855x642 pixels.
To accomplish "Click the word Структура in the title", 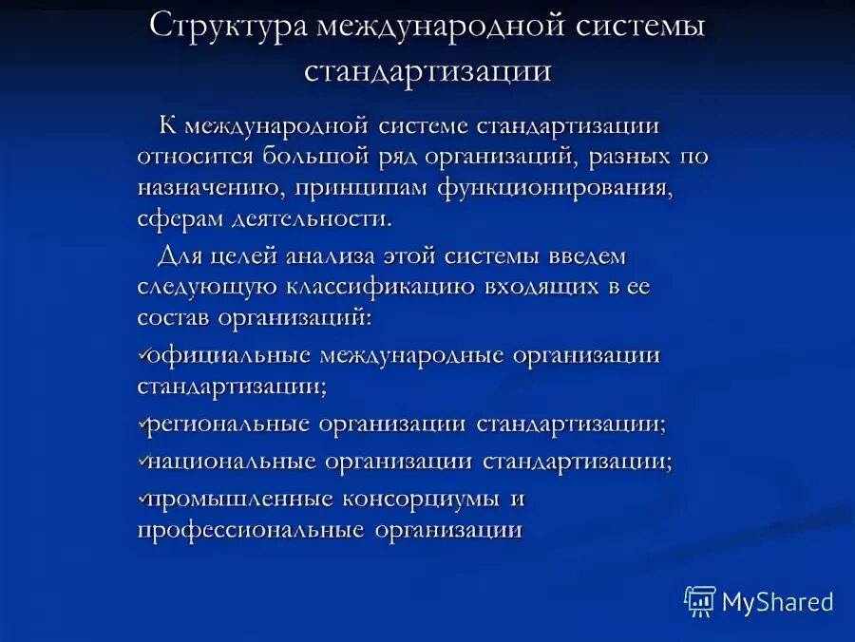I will pos(229,27).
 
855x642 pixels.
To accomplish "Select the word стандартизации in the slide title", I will pos(427,71).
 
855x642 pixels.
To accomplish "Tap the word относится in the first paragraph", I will pos(190,157).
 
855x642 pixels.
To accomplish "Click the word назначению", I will pos(194,188).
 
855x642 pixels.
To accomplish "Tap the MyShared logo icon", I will pos(699,600).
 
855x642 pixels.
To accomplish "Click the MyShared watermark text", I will pos(777,602).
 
